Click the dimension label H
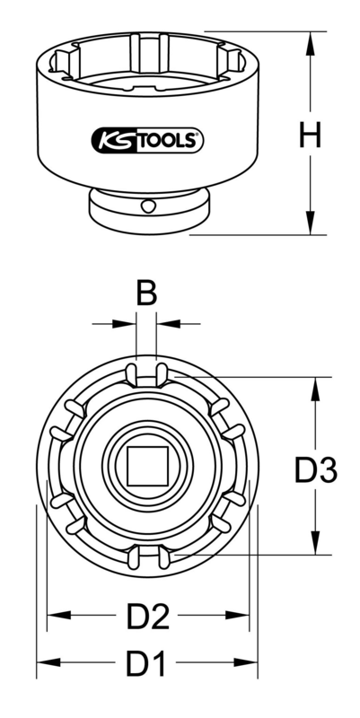(x=309, y=136)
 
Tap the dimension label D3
(x=315, y=468)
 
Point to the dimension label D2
(x=148, y=616)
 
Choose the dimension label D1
(x=148, y=665)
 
